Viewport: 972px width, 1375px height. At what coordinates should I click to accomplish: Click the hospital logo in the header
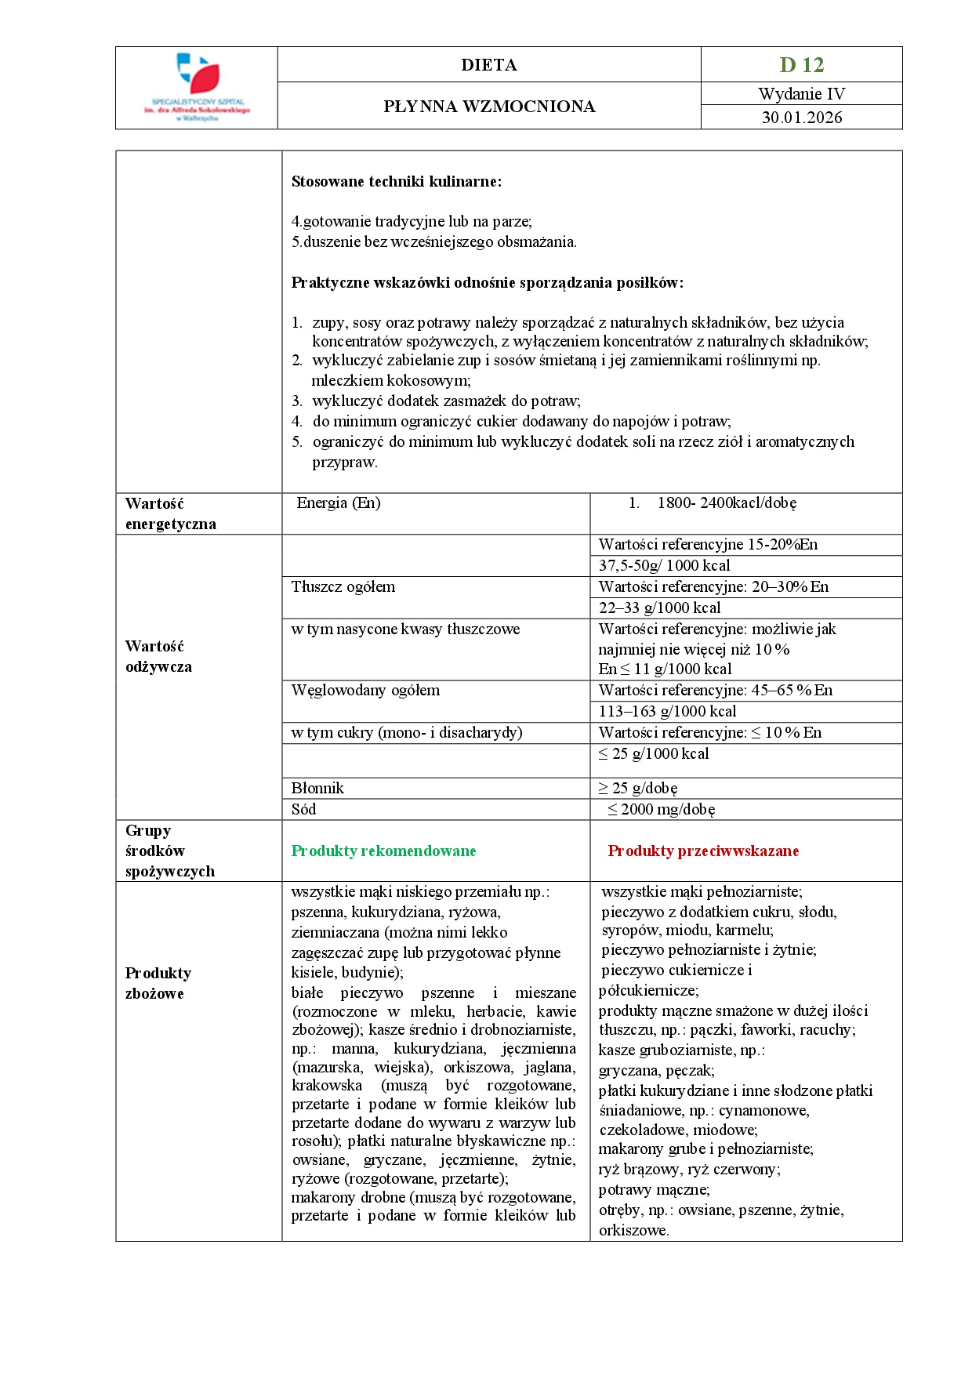[x=197, y=87]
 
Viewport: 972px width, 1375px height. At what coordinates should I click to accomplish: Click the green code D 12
[x=801, y=65]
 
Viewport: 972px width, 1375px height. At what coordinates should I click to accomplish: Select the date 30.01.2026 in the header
[x=801, y=118]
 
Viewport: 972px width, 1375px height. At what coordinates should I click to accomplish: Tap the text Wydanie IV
[x=801, y=94]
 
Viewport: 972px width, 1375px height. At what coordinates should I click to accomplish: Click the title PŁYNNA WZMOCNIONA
[x=489, y=107]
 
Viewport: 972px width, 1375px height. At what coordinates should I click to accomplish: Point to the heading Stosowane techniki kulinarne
[x=397, y=182]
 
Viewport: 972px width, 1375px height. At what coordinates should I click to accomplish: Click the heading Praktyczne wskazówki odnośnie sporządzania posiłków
[x=487, y=283]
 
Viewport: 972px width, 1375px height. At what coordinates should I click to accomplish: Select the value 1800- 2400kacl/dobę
[x=727, y=503]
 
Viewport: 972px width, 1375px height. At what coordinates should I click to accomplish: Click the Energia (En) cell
[x=339, y=503]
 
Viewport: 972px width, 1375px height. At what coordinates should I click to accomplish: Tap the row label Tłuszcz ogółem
[x=343, y=587]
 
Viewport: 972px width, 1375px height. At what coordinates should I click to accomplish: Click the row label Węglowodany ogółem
[x=365, y=691]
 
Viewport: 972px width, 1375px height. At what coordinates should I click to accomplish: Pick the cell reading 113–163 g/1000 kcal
[x=667, y=712]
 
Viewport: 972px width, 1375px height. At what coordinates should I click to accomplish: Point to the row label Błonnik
[x=317, y=789]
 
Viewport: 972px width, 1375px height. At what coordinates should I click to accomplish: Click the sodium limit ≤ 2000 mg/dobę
[x=661, y=810]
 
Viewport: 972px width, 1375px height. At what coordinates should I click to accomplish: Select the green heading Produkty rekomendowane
[x=383, y=851]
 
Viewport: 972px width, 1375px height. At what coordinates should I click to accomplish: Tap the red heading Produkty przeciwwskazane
[x=703, y=851]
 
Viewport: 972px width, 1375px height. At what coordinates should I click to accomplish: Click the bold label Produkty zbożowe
[x=158, y=984]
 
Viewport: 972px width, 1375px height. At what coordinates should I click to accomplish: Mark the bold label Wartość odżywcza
[x=158, y=657]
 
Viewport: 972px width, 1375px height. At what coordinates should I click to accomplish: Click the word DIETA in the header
[x=489, y=65]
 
